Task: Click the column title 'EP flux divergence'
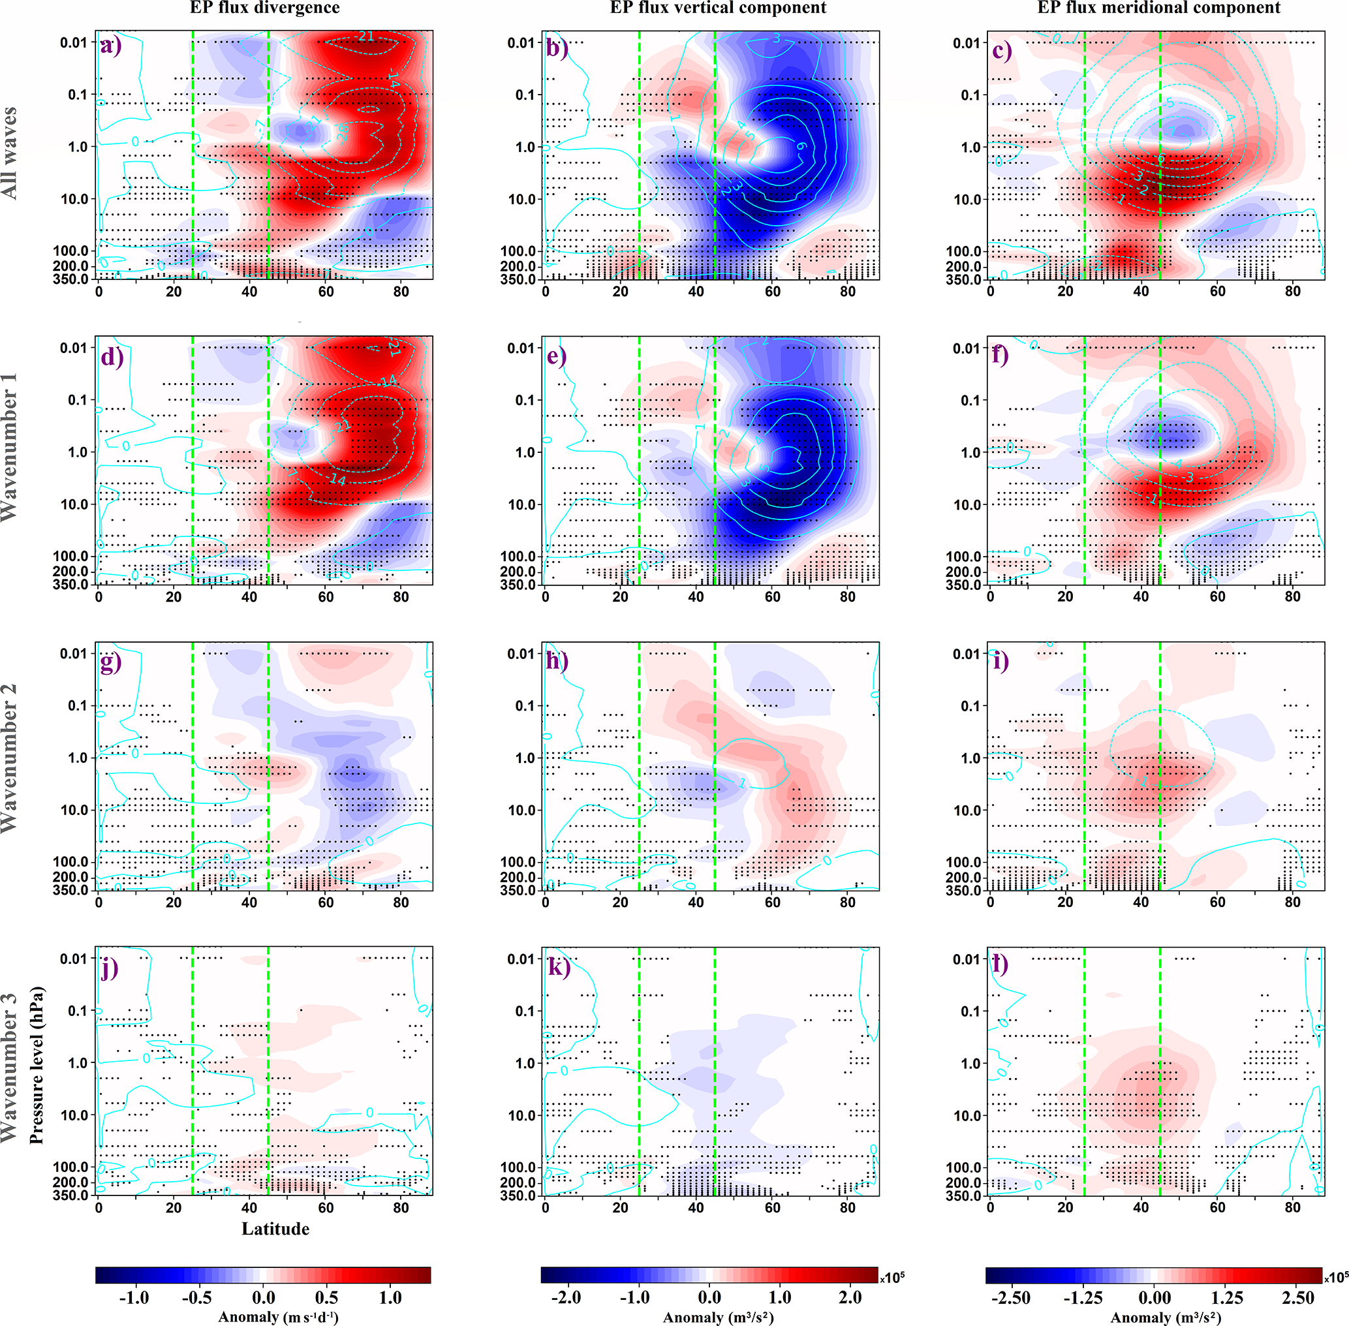click(x=265, y=8)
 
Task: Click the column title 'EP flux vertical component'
click(x=718, y=8)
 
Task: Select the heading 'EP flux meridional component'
click(x=1158, y=8)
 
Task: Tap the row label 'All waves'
click(x=10, y=153)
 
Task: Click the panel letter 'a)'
click(x=111, y=47)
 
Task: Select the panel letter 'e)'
click(x=557, y=356)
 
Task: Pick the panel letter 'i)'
click(x=1000, y=660)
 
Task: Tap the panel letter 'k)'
click(x=558, y=966)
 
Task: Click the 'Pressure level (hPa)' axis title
click(x=36, y=1065)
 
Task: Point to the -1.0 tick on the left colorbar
click(x=134, y=1297)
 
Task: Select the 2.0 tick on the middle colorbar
click(x=850, y=1297)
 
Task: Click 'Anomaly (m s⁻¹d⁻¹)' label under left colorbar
click(x=278, y=1316)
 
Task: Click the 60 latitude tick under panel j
click(x=325, y=1207)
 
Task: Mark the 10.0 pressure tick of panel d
click(x=74, y=504)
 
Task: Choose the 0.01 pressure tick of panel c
click(x=967, y=43)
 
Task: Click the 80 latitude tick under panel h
click(x=847, y=902)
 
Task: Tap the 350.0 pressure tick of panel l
click(x=963, y=1195)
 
